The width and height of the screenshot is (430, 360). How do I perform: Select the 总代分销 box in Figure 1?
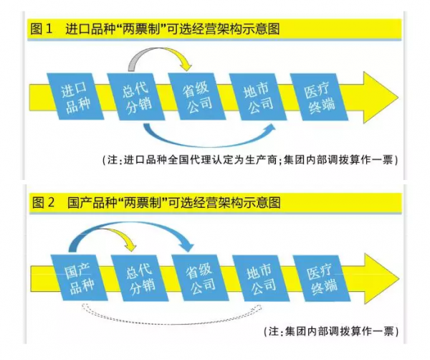134,96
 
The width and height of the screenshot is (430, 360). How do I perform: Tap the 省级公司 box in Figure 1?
196,96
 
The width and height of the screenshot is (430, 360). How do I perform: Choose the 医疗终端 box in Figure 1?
319,96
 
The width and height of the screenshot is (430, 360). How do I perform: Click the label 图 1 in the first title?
43,29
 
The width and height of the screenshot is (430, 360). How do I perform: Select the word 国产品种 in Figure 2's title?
90,203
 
